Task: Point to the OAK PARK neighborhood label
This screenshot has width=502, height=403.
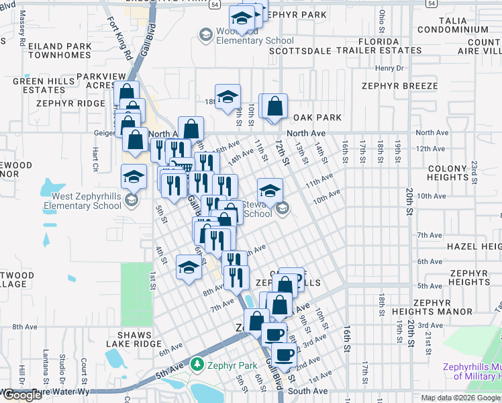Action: pos(317,118)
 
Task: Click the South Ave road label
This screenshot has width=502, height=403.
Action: pos(308,391)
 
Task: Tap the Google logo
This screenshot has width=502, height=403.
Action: pos(22,395)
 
